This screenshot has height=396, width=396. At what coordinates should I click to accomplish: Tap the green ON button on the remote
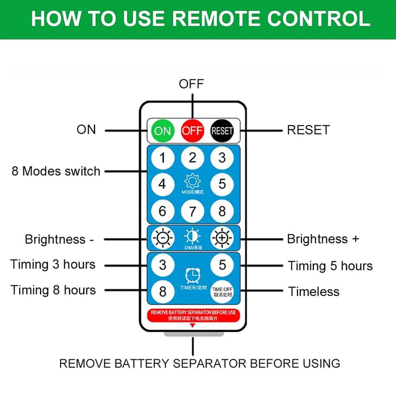(162, 131)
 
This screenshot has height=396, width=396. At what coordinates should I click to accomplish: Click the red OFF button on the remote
(192, 131)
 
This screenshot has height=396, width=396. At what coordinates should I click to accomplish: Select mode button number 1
(163, 158)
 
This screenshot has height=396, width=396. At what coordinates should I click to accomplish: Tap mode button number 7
(192, 212)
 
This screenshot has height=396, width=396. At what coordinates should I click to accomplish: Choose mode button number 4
(163, 184)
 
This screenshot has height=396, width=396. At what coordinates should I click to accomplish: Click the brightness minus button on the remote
(163, 238)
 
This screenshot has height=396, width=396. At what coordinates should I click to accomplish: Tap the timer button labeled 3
(163, 265)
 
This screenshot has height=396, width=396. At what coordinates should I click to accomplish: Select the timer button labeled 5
(222, 265)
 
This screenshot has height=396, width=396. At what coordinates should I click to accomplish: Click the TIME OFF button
(222, 291)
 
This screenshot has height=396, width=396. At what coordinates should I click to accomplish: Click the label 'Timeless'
(314, 292)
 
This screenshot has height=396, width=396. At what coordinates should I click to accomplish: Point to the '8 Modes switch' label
(56, 171)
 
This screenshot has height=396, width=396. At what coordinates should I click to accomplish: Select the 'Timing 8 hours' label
(53, 290)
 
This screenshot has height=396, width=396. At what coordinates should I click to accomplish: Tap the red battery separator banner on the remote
(192, 315)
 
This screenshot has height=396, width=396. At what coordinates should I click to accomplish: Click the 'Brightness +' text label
(323, 239)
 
